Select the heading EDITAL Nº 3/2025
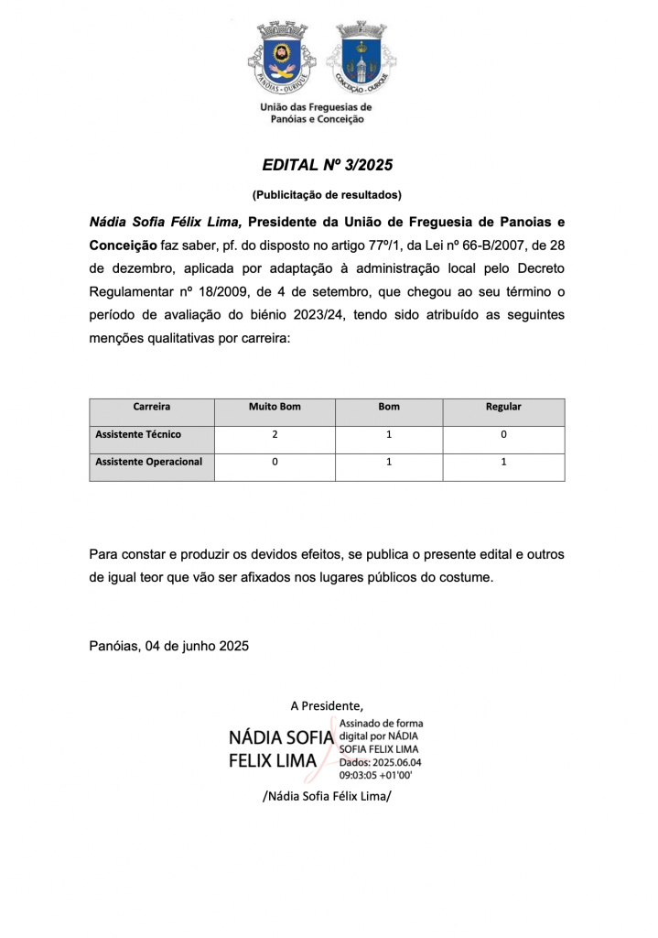point(327,166)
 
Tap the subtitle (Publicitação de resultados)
point(327,194)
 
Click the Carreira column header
point(151,407)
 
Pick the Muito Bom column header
point(275,407)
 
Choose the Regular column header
point(503,407)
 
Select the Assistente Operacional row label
point(149,462)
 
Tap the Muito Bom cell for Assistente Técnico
point(275,435)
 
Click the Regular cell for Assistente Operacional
point(503,463)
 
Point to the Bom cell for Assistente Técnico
point(389,435)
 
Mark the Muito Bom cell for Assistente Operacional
point(275,463)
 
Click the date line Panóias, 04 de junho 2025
point(169,645)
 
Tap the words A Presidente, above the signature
point(327,705)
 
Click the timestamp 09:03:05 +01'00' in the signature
point(376,774)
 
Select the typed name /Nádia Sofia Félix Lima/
point(327,796)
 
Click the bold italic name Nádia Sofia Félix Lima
point(166,222)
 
